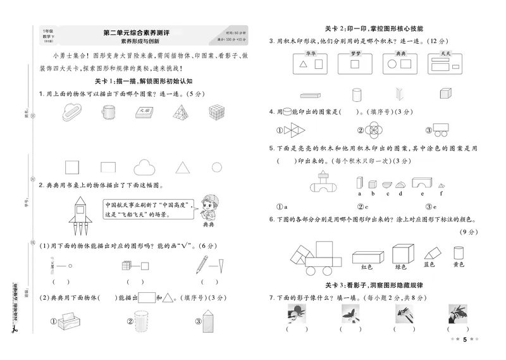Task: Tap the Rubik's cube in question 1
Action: (218, 112)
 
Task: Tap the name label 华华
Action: (310, 54)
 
